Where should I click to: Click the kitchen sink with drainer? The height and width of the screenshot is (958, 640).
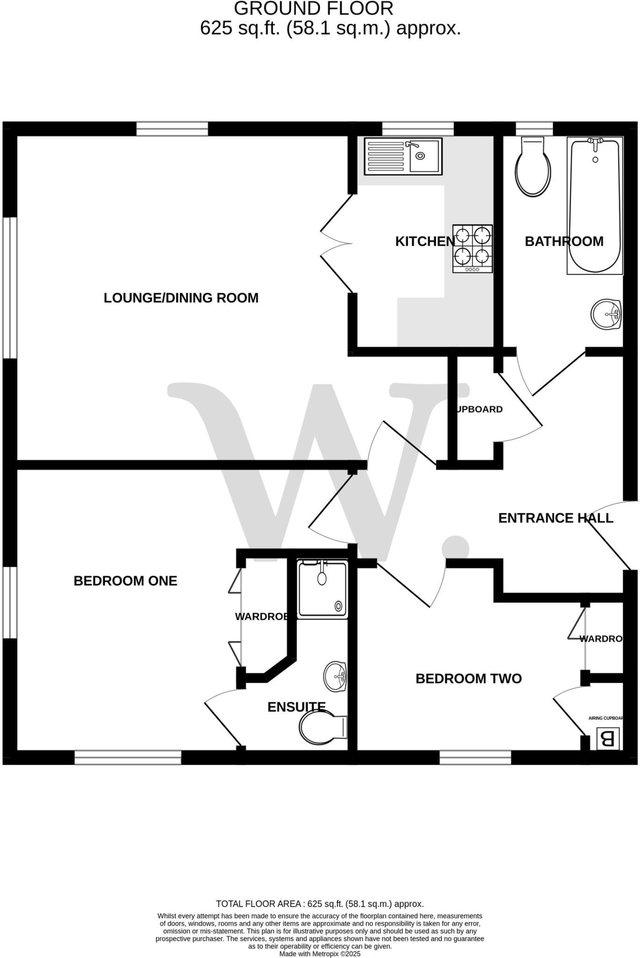tap(403, 156)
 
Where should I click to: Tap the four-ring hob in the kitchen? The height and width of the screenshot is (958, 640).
tap(473, 248)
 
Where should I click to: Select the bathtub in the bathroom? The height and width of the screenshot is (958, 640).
tap(595, 205)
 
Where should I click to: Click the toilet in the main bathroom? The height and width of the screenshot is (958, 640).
tap(532, 168)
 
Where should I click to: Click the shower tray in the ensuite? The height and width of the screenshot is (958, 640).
tap(323, 589)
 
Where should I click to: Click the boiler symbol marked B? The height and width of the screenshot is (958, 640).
tap(607, 739)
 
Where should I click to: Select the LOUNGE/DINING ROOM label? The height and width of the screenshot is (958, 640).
tap(181, 298)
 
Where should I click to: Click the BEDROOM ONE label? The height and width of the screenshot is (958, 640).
tap(125, 581)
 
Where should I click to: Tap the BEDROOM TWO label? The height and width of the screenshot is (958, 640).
tap(468, 679)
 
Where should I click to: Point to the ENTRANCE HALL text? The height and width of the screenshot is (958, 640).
tap(555, 518)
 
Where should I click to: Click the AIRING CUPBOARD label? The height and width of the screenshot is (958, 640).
tap(606, 718)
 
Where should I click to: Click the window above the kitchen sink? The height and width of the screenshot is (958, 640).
tap(418, 129)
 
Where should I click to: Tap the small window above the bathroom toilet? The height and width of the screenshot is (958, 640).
tap(534, 129)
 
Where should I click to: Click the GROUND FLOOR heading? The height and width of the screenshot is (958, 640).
tap(313, 8)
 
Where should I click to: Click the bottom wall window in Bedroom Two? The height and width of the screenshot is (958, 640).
tap(475, 757)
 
